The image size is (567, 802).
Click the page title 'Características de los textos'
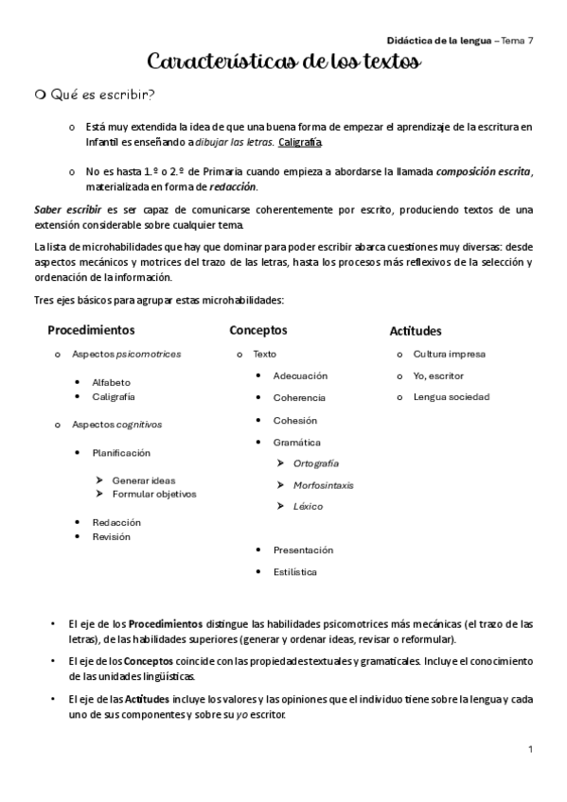click(284, 62)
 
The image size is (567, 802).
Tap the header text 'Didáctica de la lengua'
click(439, 42)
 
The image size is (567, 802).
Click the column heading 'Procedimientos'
click(91, 330)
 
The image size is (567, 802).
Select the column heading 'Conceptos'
click(257, 330)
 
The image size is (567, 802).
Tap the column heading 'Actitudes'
click(416, 331)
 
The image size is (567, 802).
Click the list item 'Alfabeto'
click(112, 382)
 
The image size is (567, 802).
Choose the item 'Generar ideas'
click(143, 479)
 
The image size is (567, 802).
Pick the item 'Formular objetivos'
click(153, 494)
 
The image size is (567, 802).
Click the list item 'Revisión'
click(111, 536)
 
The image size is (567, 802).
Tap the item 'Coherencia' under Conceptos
click(299, 398)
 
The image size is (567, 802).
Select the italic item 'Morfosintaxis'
click(323, 484)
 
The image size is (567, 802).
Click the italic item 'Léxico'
click(308, 506)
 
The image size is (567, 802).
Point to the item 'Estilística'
click(295, 571)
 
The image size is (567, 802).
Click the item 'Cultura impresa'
click(449, 354)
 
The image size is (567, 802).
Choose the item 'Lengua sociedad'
click(451, 396)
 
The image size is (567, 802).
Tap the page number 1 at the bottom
click(531, 749)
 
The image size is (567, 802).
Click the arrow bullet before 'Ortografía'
click(281, 462)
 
